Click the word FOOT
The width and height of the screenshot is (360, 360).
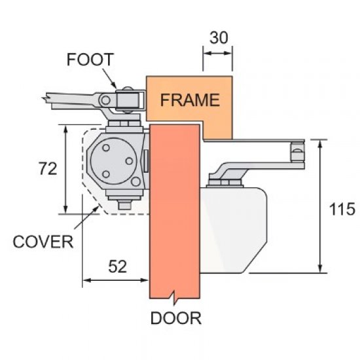click(90, 60)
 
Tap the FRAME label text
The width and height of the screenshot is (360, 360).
click(190, 100)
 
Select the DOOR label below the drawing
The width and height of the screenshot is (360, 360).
click(176, 318)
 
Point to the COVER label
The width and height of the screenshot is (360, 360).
click(43, 242)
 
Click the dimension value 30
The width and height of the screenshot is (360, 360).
click(219, 38)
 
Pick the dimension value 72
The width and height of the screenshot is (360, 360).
click(48, 169)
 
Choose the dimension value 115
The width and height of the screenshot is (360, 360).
click(342, 209)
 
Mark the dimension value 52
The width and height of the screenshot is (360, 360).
click(117, 266)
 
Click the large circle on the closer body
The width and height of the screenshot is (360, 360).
click(114, 161)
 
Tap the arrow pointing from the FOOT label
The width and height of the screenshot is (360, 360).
click(110, 79)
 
